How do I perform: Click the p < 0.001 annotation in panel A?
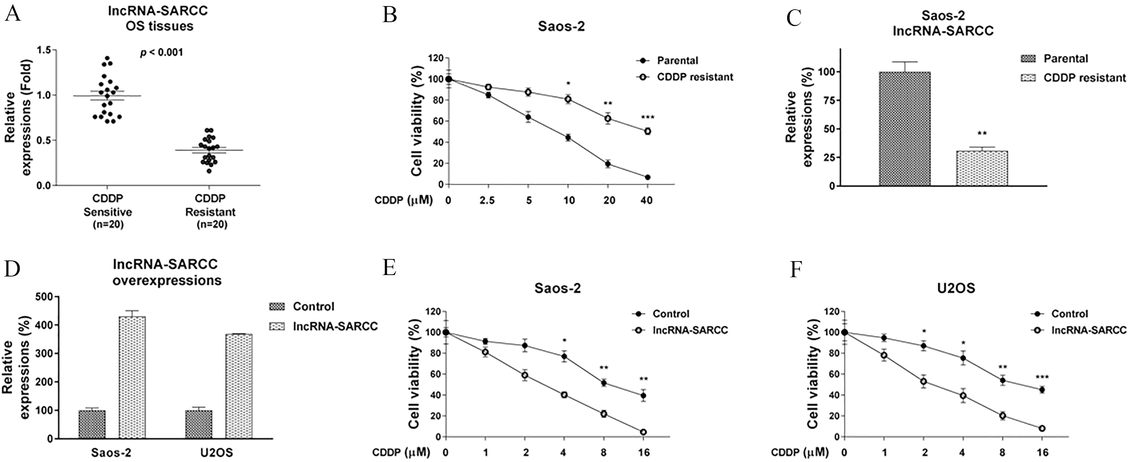coord(161,53)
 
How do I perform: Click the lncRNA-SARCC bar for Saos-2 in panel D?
coord(132,377)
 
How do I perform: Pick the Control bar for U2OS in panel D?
coord(199,424)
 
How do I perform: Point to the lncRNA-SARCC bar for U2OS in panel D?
coord(239,386)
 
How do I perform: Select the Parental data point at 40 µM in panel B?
coord(647,177)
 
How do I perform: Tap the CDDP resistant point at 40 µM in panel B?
coord(647,131)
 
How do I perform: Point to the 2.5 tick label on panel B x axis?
coord(487,200)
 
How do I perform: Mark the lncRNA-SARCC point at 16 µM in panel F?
coord(1041,428)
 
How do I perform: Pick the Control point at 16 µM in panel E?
coord(643,396)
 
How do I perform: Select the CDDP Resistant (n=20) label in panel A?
coord(210,212)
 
